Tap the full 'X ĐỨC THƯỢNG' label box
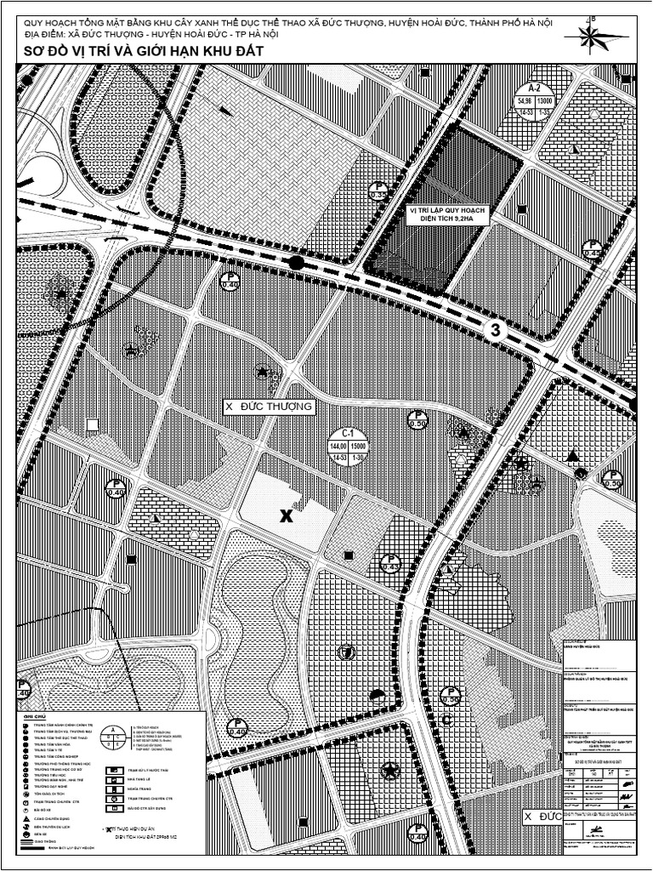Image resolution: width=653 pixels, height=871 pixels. pos(269,407)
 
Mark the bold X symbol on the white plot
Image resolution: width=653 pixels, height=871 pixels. pos(287,515)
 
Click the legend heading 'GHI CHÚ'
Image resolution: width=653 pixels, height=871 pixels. pos(34,717)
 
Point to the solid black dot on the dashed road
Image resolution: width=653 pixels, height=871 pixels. pos(296,263)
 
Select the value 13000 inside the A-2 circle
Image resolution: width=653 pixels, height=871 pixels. pos(546,101)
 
